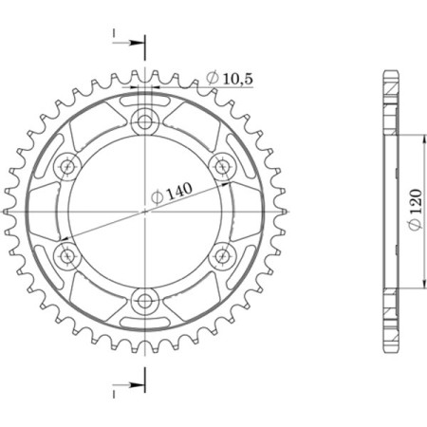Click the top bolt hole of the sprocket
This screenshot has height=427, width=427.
(x=145, y=121)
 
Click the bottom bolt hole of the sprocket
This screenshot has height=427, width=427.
(x=145, y=302)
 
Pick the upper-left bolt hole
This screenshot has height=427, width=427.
(x=66, y=166)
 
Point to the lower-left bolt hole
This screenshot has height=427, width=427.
(x=66, y=256)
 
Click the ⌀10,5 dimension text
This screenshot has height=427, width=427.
(x=228, y=78)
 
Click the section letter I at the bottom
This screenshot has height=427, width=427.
(x=114, y=390)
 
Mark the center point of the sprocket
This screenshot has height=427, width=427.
(x=145, y=211)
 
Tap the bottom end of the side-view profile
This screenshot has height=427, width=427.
(x=389, y=349)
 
